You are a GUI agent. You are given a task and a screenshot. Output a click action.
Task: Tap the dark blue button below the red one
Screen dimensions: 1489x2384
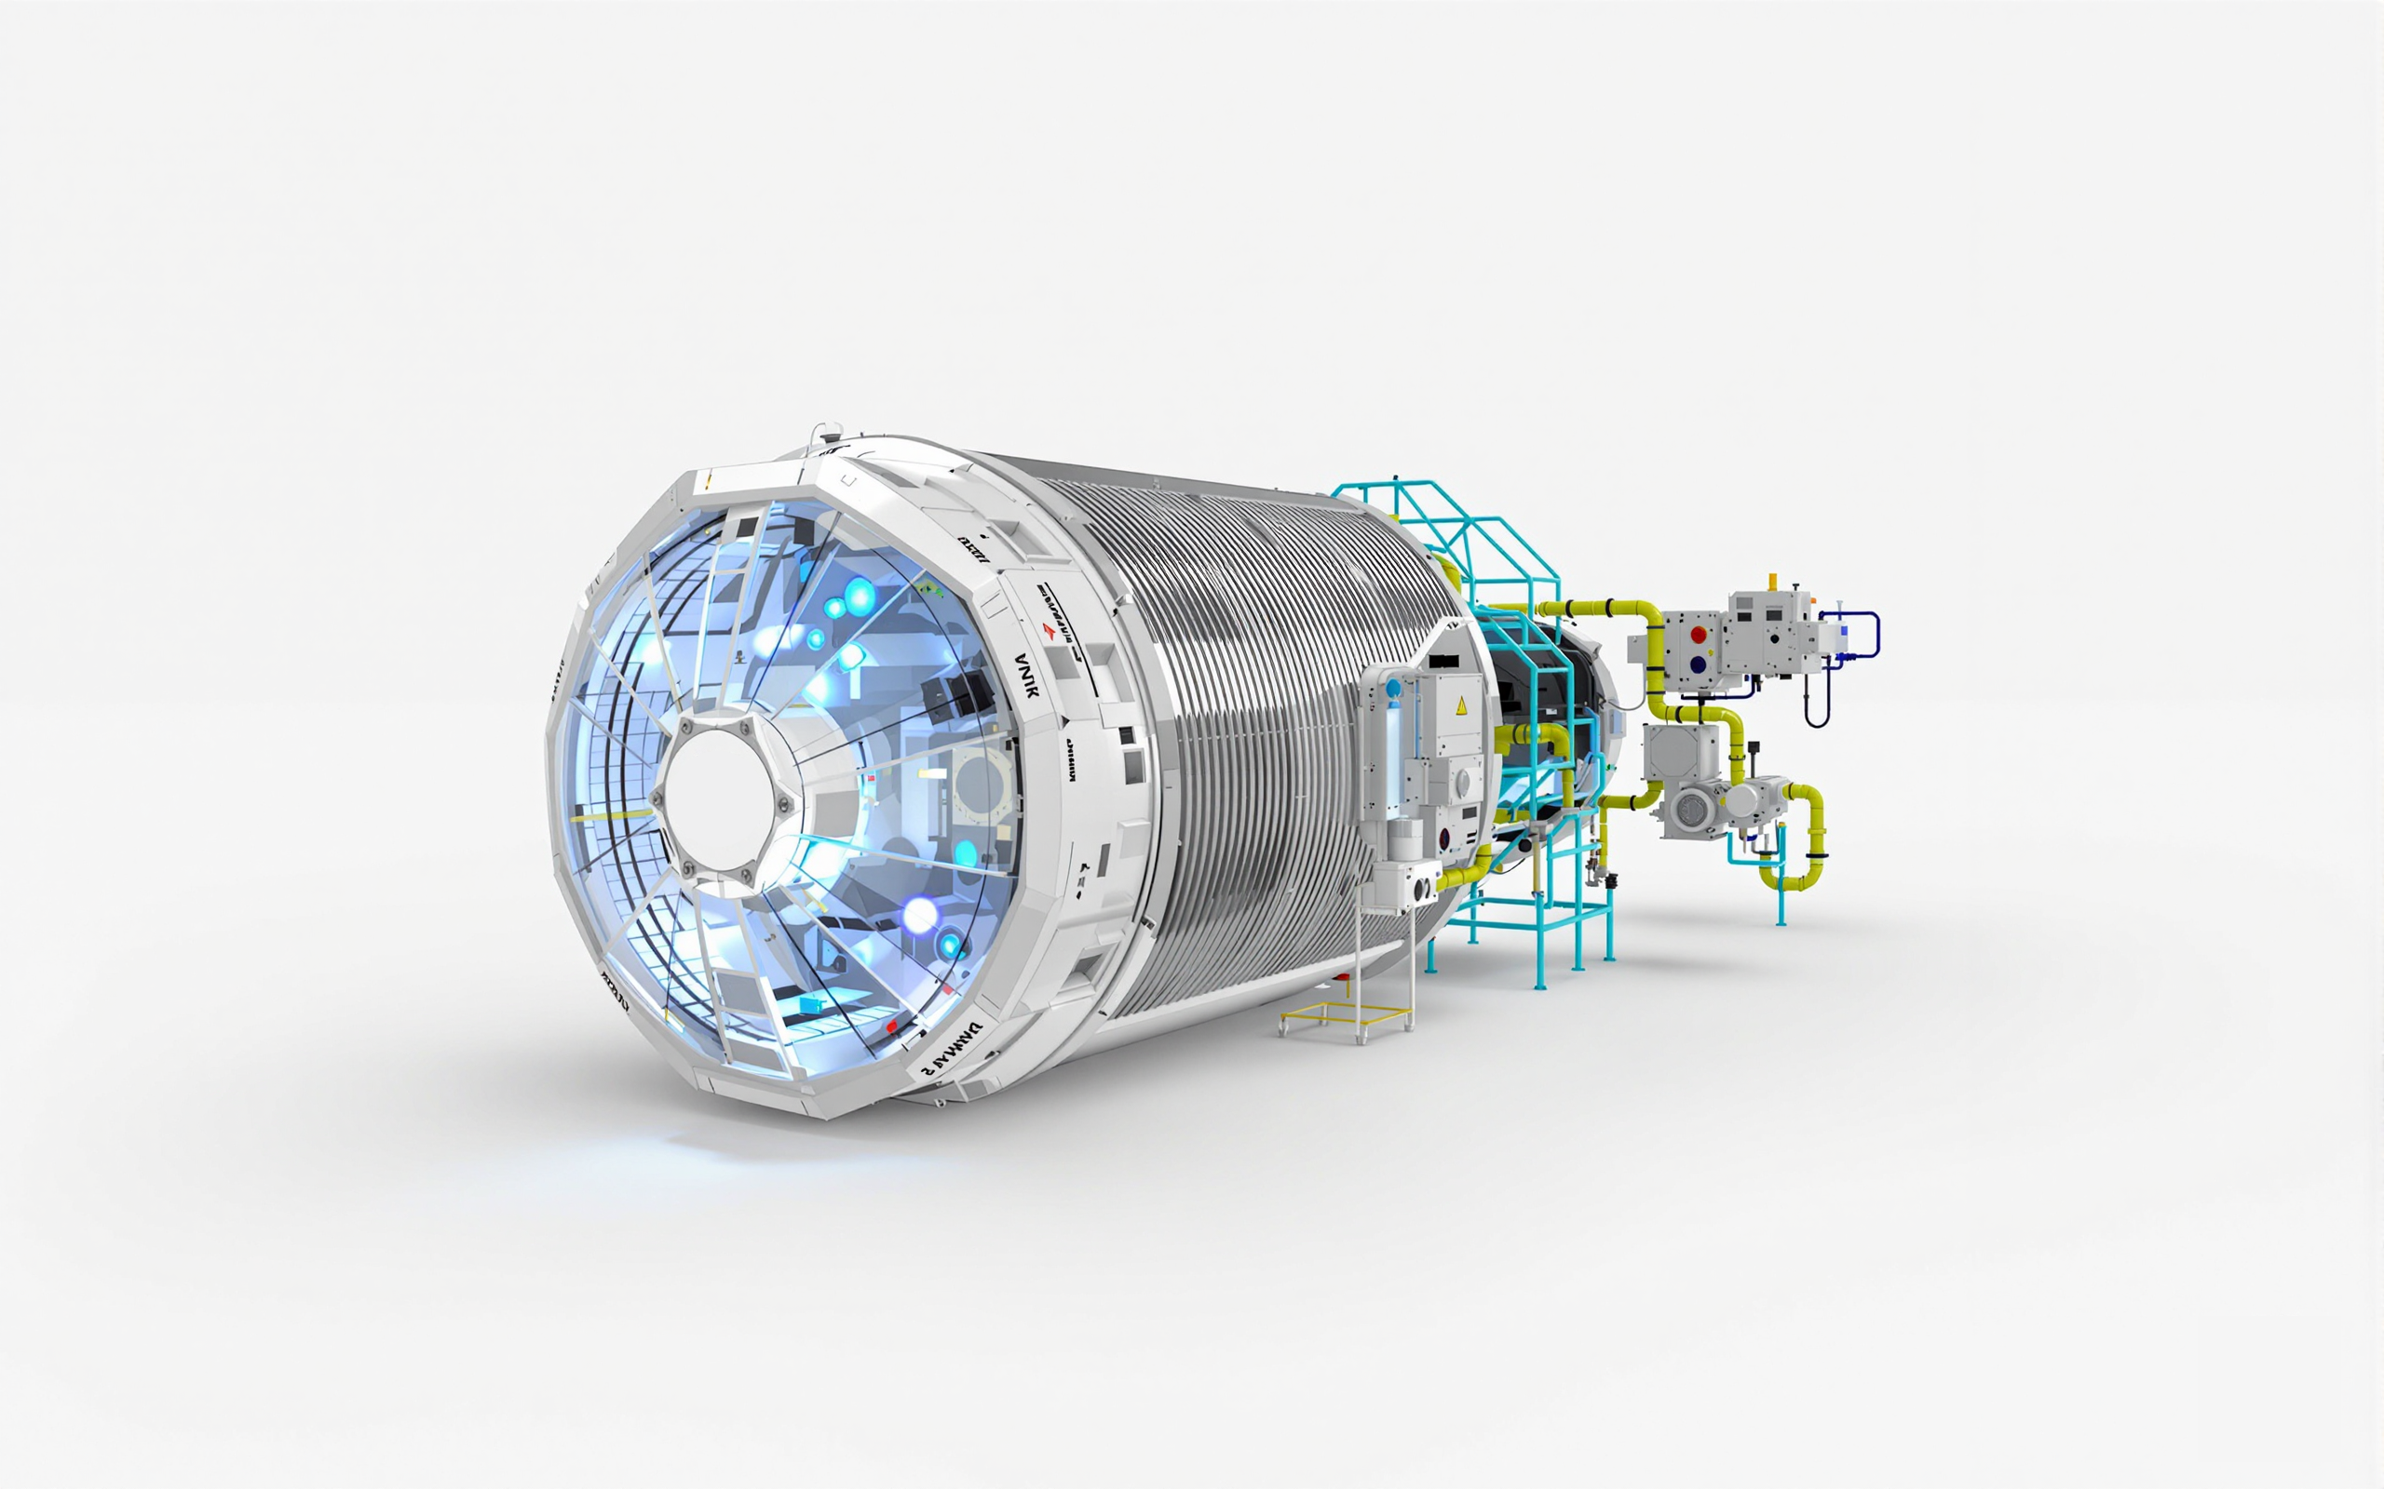click(1699, 664)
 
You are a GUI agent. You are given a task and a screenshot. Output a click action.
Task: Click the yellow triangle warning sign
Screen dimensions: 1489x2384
click(1462, 704)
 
